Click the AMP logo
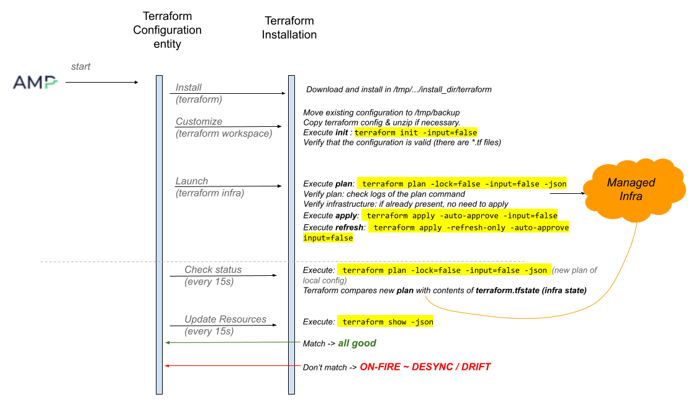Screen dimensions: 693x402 [35, 82]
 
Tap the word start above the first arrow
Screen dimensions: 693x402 [81, 66]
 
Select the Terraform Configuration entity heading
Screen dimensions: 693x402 [167, 30]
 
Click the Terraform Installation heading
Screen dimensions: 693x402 [289, 27]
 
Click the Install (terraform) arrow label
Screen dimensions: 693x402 [199, 93]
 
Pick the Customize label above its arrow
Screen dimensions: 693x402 [199, 121]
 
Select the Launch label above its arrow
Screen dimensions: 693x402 [191, 181]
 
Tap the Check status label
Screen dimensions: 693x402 [213, 269]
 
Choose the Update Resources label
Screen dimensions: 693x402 [225, 319]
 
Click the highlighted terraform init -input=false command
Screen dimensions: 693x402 [415, 132]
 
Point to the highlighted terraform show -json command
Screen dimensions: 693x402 [386, 321]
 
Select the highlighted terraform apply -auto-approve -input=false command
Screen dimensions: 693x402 [460, 216]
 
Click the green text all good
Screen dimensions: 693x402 [357, 343]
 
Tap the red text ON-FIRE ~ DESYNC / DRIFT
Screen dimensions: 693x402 [425, 367]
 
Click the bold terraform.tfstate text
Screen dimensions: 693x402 [507, 291]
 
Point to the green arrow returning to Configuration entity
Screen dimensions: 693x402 [232, 342]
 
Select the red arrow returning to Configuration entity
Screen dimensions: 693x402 [232, 366]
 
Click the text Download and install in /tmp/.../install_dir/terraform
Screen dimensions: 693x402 [399, 89]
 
